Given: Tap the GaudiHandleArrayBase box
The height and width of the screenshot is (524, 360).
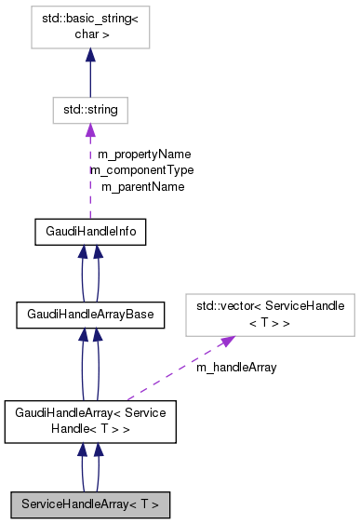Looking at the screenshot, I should coord(90,316).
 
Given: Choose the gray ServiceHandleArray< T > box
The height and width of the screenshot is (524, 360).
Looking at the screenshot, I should coord(90,504).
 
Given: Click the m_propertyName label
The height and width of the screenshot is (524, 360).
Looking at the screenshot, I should coord(144,154).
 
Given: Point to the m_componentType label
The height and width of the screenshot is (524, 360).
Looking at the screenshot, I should coord(141,170).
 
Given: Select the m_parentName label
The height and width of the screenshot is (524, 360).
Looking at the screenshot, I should coord(142,186).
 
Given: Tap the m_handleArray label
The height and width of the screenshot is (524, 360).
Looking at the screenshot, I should coord(235,367).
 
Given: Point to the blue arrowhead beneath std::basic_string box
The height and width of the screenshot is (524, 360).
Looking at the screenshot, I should coord(90,57).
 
